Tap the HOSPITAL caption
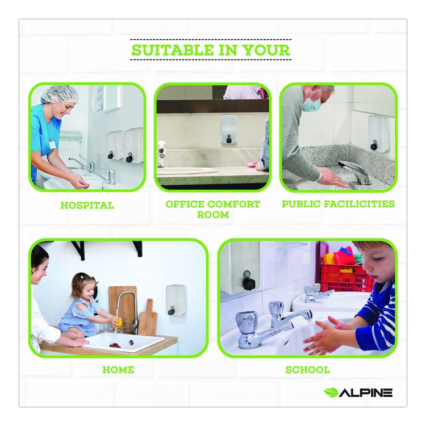[x=87, y=205]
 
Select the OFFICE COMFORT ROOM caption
[x=213, y=210]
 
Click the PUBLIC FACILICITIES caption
[x=338, y=204]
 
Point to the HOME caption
[x=118, y=370]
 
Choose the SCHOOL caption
[x=307, y=370]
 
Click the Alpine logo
[x=358, y=392]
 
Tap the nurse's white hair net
[x=60, y=94]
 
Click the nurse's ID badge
[x=52, y=144]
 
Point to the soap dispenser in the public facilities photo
[x=379, y=133]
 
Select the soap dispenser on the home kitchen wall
[x=176, y=300]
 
